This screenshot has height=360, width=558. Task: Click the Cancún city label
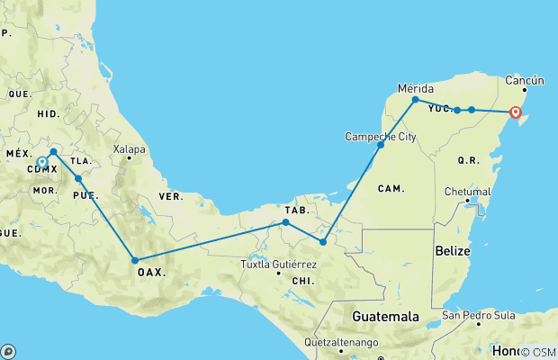527,78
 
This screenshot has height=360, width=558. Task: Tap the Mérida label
416,88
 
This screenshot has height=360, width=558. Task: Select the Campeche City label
381,137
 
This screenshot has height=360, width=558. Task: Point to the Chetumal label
468,192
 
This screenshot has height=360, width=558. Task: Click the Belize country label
451,249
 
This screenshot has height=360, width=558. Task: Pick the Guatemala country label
384,317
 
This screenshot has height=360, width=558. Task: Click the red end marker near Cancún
516,112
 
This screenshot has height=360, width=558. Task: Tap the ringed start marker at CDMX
42,163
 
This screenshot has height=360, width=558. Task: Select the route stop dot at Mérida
415,100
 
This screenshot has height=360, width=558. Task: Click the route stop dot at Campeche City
381,144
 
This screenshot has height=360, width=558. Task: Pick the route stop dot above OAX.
135,259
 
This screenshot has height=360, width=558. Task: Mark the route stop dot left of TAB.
285,221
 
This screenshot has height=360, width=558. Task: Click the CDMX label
42,168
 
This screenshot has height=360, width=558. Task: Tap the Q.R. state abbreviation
468,160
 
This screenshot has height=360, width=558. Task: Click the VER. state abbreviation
170,196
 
